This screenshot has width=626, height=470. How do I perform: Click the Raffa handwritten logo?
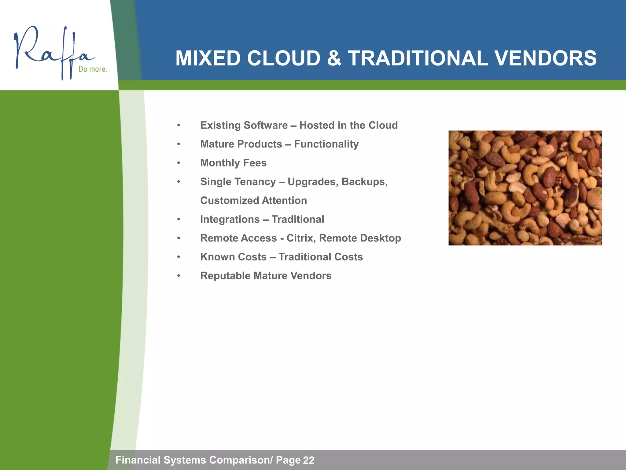point(52,52)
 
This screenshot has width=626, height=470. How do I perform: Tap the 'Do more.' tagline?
point(93,69)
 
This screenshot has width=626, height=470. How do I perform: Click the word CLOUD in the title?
point(284,58)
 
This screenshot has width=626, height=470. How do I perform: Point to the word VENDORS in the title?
point(545,58)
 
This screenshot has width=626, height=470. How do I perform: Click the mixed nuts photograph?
point(525,188)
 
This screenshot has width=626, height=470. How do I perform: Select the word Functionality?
point(326,144)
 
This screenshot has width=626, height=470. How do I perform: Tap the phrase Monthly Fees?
point(233,163)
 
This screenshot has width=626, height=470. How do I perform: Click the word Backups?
point(364,182)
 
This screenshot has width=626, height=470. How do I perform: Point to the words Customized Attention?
point(253,200)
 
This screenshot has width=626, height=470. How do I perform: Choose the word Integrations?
point(230,219)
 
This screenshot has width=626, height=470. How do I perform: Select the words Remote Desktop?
point(360,238)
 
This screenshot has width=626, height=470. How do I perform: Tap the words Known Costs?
point(233,257)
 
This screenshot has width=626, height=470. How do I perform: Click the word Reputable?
point(225,276)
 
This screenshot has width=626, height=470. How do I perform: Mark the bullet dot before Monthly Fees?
point(179,163)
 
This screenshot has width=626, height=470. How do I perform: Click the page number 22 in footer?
point(308,460)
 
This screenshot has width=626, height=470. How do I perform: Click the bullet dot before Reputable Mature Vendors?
point(179,276)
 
